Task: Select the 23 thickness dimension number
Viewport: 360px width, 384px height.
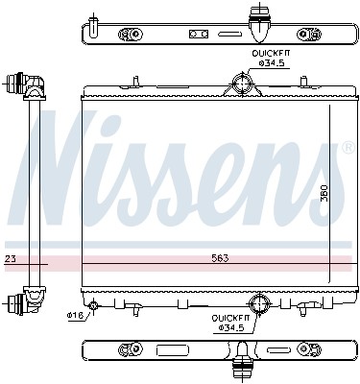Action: click(10, 259)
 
